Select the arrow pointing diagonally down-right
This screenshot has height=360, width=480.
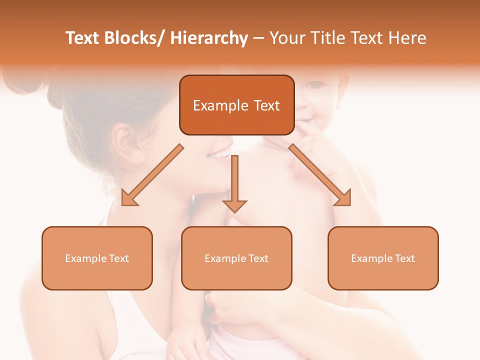point(320,175)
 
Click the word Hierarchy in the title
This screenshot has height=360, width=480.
point(209,38)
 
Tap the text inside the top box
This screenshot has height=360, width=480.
point(236,105)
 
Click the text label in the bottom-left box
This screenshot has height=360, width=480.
point(97,258)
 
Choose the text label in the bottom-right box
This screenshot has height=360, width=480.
point(383,258)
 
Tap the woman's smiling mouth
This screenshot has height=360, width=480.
point(221,152)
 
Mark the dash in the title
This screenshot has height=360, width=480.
point(258,38)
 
